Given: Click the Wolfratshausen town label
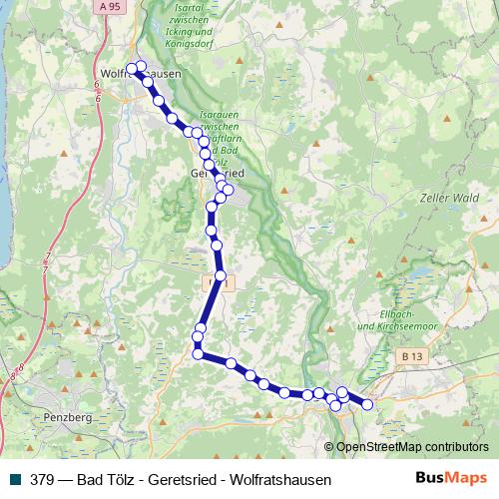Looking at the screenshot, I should [x=141, y=73].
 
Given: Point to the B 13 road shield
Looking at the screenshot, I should [x=411, y=355].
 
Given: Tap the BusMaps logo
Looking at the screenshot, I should [x=451, y=478].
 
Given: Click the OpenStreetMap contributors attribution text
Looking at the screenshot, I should [x=412, y=446].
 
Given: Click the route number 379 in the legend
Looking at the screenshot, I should [x=43, y=479].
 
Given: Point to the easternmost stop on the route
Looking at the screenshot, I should [x=366, y=404].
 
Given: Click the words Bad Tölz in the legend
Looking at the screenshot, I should [x=104, y=479].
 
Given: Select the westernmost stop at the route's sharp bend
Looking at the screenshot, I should [x=198, y=353].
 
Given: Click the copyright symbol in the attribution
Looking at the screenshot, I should [x=330, y=446].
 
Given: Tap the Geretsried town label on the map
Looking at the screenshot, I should [x=218, y=173].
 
